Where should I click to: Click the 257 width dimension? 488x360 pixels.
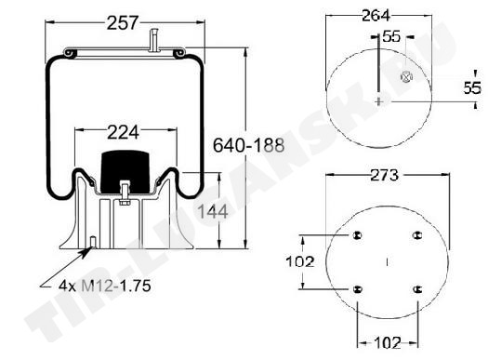click(x=122, y=23)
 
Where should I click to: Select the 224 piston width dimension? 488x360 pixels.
click(x=123, y=133)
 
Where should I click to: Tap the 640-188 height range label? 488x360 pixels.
click(x=249, y=145)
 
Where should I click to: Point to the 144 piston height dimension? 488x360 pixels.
click(x=213, y=212)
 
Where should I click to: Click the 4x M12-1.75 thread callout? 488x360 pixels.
click(x=105, y=286)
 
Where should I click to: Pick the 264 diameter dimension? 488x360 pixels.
click(x=376, y=16)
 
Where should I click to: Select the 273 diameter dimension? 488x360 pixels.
click(x=385, y=175)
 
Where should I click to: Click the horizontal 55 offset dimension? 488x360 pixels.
click(x=391, y=36)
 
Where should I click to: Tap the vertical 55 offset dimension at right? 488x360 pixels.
click(x=472, y=87)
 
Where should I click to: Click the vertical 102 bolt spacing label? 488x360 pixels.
click(x=300, y=261)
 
